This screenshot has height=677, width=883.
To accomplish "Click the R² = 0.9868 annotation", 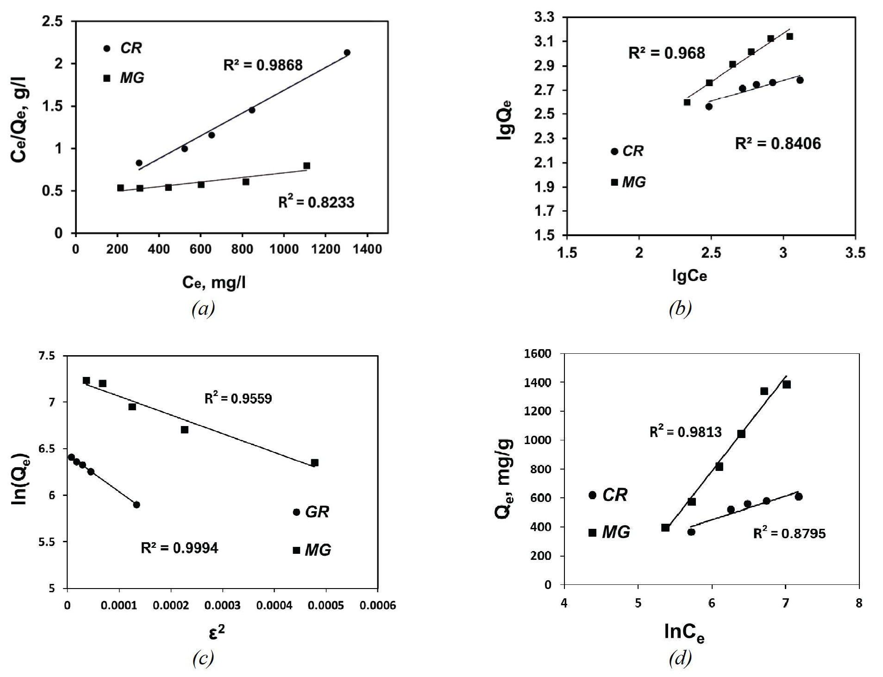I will tap(263, 65).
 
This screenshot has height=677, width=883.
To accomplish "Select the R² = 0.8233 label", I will tap(316, 202).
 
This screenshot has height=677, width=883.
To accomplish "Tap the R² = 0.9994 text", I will tap(179, 548).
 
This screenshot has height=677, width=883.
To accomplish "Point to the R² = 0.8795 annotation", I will tap(789, 533).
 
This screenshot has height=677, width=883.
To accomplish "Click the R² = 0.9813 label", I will tap(685, 432).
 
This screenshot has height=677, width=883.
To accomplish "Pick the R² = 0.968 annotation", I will tap(666, 53).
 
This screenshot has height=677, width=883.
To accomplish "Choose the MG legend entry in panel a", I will tap(124, 78).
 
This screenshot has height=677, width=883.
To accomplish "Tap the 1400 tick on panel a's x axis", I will tap(368, 249).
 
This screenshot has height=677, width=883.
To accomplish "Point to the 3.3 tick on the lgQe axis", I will tap(544, 18).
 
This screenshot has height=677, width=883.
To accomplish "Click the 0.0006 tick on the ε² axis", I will tap(377, 606).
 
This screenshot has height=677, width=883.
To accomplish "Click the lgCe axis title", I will tap(689, 276).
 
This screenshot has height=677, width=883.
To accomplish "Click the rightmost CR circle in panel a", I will tap(347, 53).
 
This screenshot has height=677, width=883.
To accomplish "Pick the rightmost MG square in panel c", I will tap(315, 463).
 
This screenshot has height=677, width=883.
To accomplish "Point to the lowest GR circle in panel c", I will tap(137, 505).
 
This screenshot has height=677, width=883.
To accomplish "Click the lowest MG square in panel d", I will tap(665, 527).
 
